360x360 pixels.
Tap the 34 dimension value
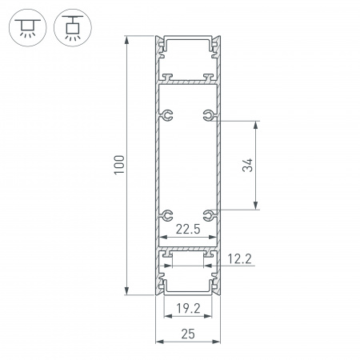(x=248, y=166)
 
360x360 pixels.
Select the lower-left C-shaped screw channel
(x=167, y=214)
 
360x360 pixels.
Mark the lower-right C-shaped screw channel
(x=209, y=214)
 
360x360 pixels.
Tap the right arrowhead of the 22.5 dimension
(x=213, y=238)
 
